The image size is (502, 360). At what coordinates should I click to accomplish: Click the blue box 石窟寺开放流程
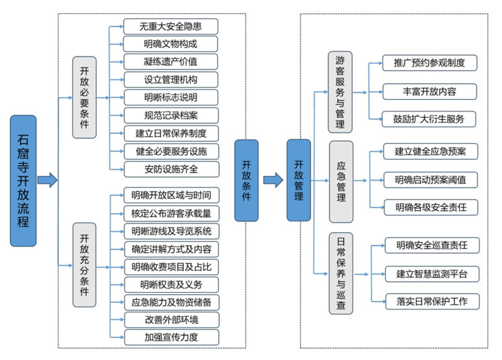click(23, 180)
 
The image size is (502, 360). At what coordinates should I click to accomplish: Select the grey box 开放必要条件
click(85, 98)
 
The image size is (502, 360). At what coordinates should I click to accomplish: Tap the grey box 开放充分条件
click(85, 264)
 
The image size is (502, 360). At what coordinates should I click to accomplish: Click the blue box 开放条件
click(247, 180)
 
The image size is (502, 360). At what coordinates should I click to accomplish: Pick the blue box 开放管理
click(299, 180)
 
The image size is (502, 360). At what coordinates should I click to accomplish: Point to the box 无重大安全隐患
click(171, 26)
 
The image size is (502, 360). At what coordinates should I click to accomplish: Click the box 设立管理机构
click(171, 80)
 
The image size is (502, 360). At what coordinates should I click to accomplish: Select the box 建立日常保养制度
click(171, 133)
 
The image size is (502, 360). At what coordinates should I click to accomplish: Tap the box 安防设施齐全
click(171, 169)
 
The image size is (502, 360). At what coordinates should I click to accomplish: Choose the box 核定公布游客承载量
click(171, 213)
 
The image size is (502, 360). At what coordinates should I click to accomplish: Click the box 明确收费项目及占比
click(171, 267)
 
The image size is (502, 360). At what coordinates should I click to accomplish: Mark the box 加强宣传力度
click(171, 337)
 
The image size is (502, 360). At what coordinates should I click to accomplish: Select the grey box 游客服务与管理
click(341, 92)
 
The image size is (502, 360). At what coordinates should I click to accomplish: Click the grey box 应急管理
click(341, 181)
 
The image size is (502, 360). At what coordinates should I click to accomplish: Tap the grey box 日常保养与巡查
click(341, 273)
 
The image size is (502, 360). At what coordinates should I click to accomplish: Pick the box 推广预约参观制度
click(429, 63)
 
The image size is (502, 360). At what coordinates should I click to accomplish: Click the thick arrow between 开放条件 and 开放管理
click(273, 181)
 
